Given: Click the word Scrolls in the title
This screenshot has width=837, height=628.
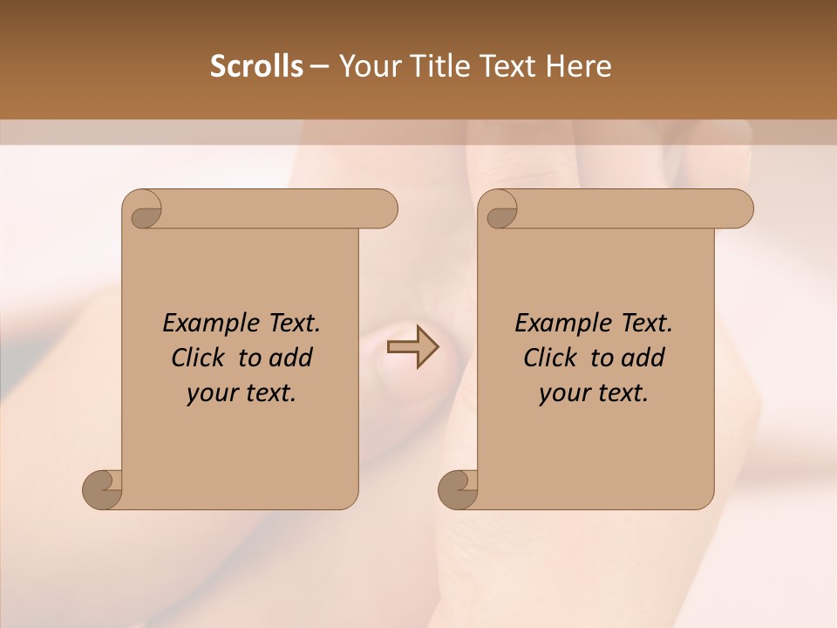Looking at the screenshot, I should coord(256,66).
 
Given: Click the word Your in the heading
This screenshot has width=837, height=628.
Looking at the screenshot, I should coord(369,66).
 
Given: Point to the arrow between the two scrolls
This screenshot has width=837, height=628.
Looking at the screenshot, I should coord(412,346).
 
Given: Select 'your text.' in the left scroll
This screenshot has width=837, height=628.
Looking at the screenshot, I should coord(242,392).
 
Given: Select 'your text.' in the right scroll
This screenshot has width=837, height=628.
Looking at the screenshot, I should coord(594,392).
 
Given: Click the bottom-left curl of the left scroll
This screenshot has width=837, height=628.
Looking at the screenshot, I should coord(103,488).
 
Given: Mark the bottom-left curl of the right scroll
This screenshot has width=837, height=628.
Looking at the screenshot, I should coord(459,488).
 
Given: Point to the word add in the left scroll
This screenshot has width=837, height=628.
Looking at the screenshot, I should coord(290,358).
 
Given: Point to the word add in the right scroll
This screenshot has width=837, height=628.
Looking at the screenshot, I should coord(643,358).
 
